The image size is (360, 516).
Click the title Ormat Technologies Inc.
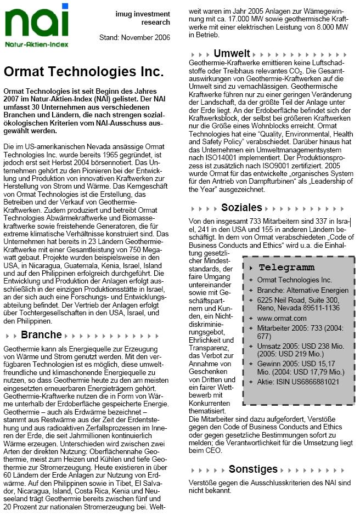(83, 72)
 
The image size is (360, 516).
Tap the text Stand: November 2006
(134, 37)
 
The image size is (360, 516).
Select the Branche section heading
(41, 335)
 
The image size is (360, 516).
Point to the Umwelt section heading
(232, 54)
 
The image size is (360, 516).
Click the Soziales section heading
(241, 208)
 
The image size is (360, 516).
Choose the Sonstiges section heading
(253, 469)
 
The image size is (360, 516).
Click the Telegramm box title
(286, 268)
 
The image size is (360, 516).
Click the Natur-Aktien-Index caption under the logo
(37, 43)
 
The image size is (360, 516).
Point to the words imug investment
(143, 13)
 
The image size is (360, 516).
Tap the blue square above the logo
(65, 6)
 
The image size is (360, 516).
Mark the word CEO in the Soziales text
(213, 450)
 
